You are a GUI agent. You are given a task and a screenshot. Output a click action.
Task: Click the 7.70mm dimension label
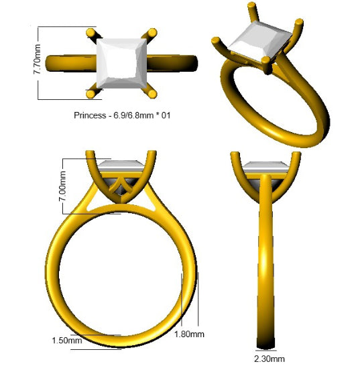38,60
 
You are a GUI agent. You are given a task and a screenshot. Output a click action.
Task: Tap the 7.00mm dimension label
62,186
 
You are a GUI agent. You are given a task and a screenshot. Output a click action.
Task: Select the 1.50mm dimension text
67,341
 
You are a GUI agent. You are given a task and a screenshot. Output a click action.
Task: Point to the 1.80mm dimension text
189,334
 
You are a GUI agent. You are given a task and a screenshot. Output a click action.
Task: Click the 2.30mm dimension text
269,359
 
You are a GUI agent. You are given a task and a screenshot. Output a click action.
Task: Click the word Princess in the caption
90,115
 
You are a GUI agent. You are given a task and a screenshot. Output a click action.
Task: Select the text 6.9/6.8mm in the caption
133,115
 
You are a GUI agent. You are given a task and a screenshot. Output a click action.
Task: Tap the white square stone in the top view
121,64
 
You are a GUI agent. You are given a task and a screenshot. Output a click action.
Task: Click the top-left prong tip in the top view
91,33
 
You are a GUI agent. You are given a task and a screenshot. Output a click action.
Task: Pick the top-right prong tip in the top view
152,33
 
